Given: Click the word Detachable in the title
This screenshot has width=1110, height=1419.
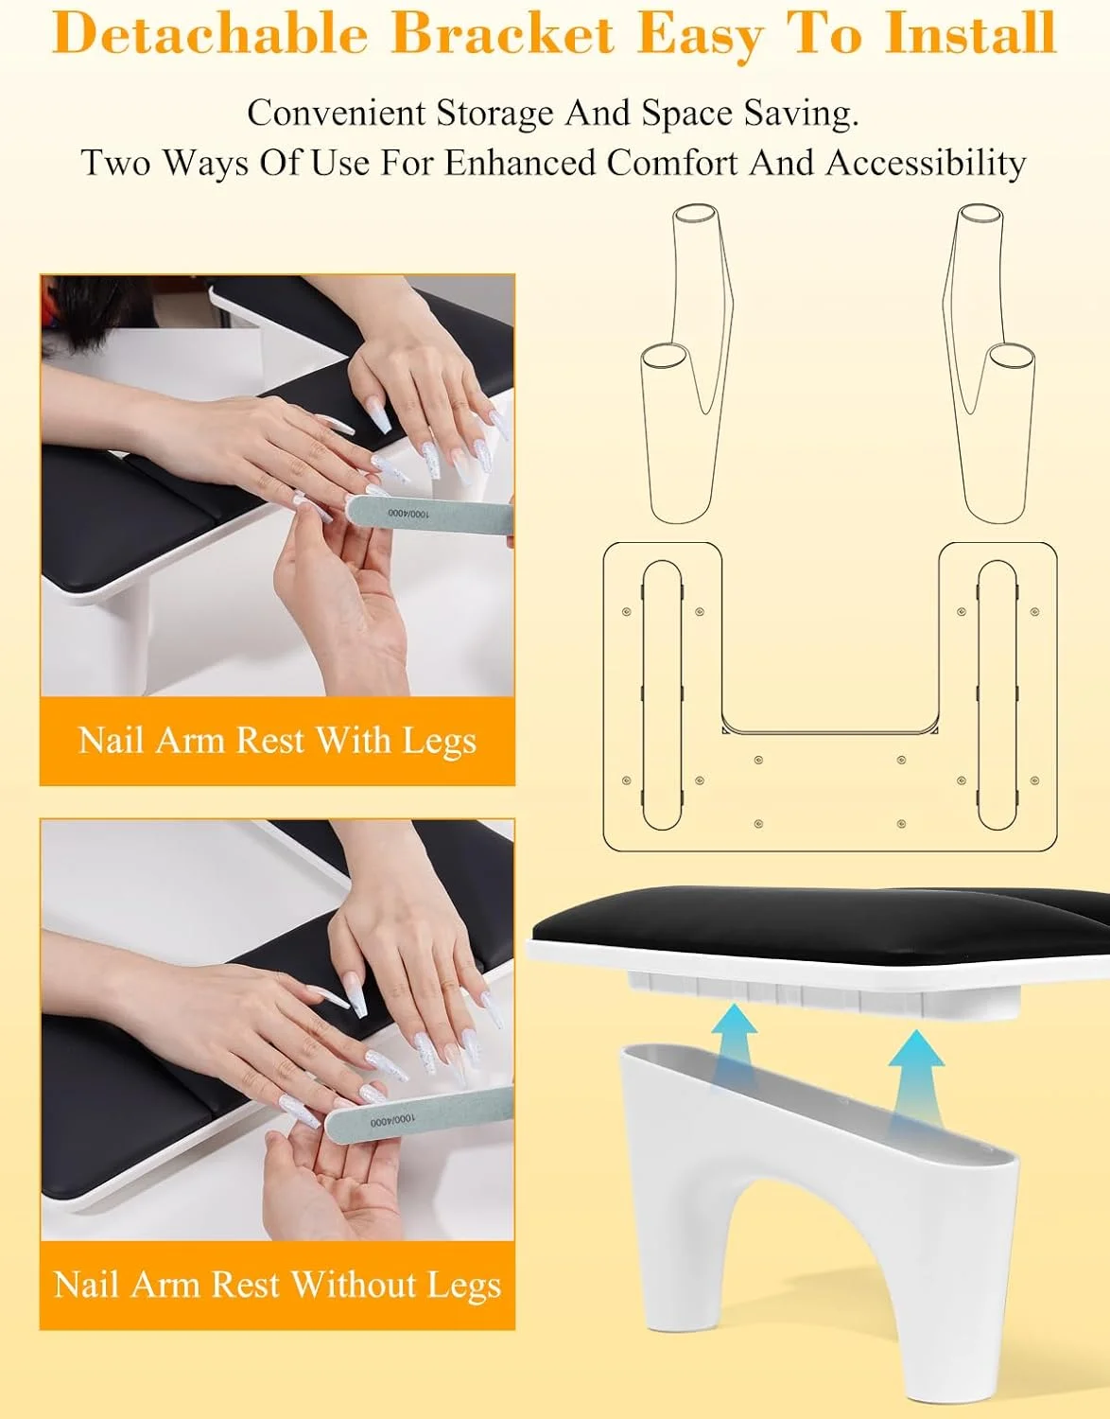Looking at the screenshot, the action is (210, 33).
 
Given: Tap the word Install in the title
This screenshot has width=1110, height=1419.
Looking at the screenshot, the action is (970, 33).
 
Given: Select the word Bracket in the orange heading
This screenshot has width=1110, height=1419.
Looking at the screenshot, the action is (503, 33).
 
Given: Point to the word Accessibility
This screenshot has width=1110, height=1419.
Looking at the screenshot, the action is (926, 163).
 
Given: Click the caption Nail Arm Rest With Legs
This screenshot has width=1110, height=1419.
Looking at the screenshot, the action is (277, 741).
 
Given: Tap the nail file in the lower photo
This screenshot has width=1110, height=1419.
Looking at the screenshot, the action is (419, 1114).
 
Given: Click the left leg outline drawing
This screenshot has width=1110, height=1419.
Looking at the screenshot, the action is (686, 363).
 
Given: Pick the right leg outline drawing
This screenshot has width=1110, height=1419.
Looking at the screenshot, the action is (989, 363).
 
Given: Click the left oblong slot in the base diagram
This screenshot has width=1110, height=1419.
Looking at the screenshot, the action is (663, 694).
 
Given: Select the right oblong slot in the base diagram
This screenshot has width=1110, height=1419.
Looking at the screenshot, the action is (997, 694).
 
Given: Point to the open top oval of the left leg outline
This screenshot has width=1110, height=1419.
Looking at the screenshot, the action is (696, 214).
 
